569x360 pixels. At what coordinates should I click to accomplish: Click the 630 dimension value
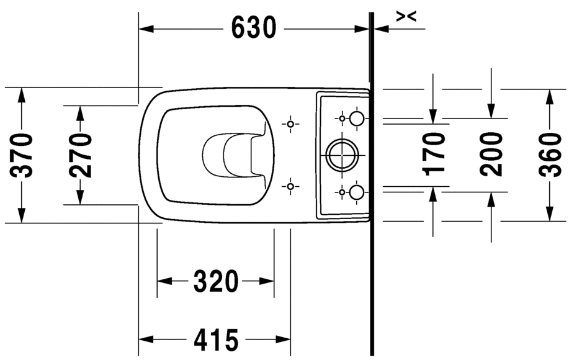pyautogui.click(x=254, y=28)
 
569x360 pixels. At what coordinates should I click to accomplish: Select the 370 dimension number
pyautogui.click(x=24, y=155)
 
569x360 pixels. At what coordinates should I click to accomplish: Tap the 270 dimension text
pyautogui.click(x=81, y=155)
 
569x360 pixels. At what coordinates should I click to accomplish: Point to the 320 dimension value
pyautogui.click(x=216, y=282)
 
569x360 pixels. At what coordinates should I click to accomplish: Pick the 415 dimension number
pyautogui.click(x=216, y=340)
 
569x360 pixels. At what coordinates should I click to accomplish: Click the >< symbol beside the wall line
pyautogui.click(x=406, y=17)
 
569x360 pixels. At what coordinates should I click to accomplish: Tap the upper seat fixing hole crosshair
pyautogui.click(x=290, y=124)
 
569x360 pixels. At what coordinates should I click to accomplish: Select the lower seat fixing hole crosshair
pyautogui.click(x=290, y=186)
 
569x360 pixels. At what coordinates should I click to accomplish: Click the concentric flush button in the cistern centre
pyautogui.click(x=341, y=155)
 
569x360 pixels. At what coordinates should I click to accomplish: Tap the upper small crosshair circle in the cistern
pyautogui.click(x=342, y=117)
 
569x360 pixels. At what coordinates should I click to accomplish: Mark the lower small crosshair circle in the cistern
pyautogui.click(x=342, y=192)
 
